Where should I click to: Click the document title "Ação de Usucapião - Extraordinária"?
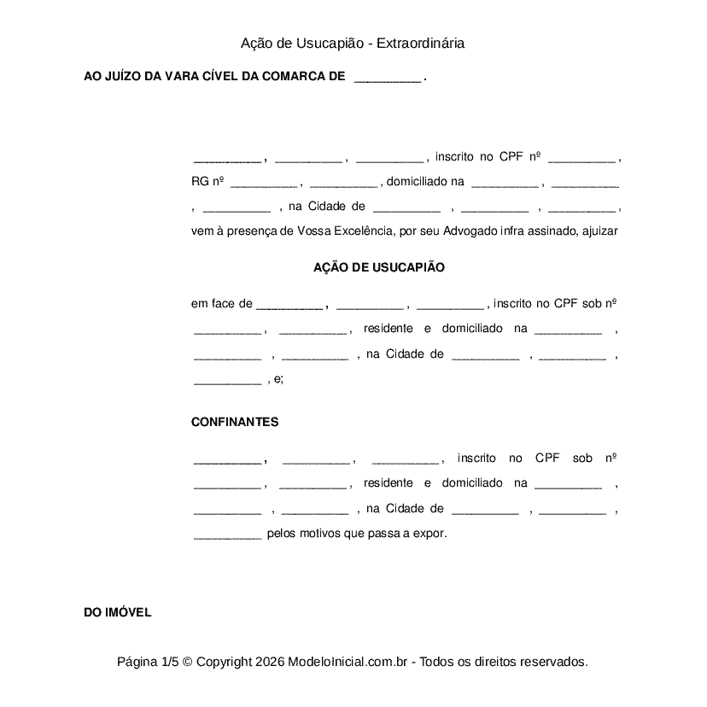[353, 43]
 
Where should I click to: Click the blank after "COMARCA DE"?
[387, 78]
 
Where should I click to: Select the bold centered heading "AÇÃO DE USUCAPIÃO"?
[379, 267]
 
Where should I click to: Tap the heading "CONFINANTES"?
[235, 422]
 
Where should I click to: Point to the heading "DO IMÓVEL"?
[118, 612]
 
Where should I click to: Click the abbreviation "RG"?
[199, 181]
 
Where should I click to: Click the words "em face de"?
[222, 303]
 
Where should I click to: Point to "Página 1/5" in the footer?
[149, 662]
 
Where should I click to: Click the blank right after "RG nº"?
[263, 182]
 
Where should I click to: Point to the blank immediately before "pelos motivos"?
[227, 535]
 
